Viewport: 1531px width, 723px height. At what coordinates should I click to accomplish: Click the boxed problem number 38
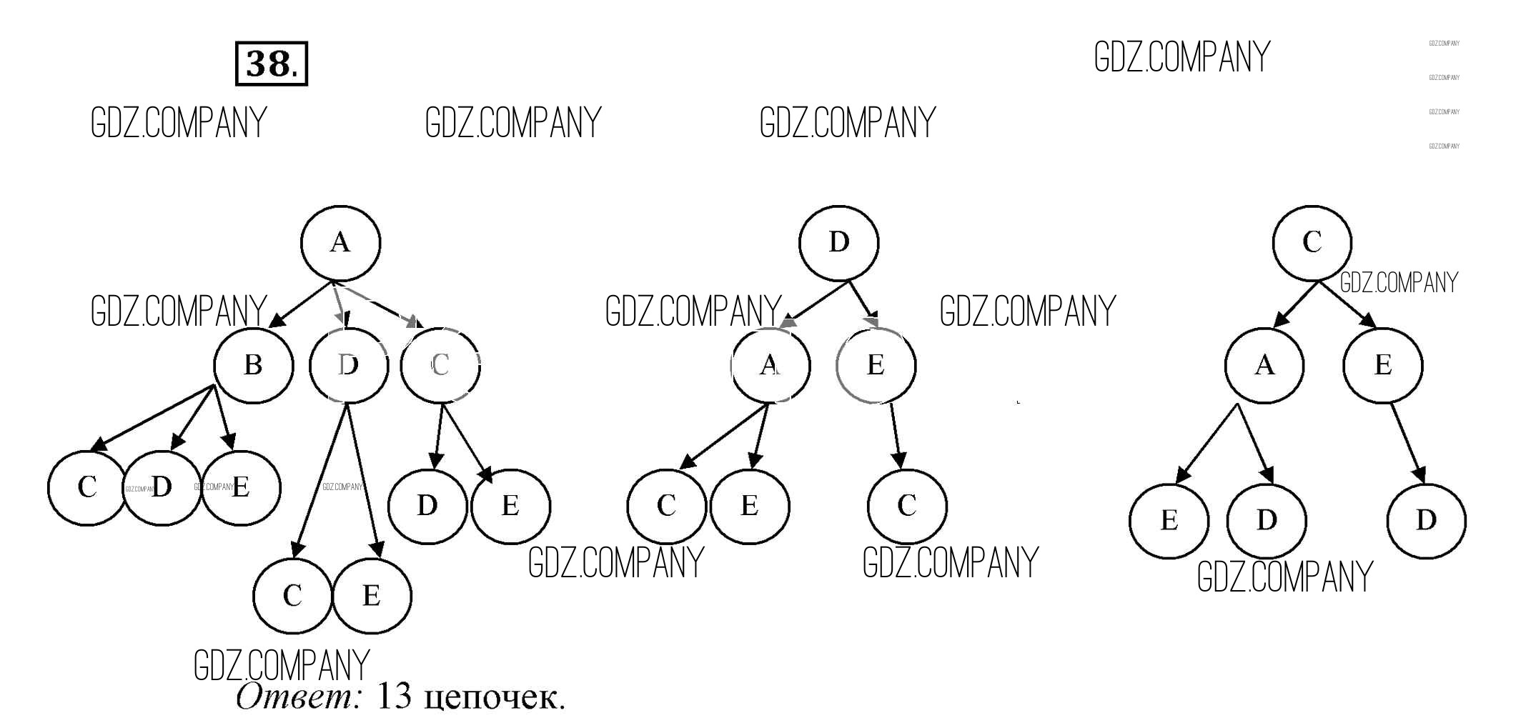271,64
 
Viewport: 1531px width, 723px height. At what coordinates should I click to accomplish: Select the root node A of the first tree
340,243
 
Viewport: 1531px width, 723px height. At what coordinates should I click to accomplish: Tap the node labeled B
253,365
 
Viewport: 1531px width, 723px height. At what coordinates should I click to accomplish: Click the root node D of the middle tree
838,243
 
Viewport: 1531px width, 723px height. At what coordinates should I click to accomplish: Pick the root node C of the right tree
1312,243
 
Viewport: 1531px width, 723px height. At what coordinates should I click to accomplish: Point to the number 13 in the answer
393,695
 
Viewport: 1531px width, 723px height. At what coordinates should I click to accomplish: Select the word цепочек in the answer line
494,698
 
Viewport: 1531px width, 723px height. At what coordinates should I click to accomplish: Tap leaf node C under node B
87,488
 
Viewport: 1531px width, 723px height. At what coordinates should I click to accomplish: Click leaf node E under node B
241,488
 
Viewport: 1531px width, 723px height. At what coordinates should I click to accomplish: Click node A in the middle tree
770,365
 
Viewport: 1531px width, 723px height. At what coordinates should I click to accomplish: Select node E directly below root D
876,365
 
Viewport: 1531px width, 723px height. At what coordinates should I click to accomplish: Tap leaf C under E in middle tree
906,506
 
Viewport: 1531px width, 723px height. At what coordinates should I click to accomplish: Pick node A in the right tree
1264,365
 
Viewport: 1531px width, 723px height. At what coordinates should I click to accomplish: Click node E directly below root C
1382,365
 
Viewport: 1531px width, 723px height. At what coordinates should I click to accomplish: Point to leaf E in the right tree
1169,520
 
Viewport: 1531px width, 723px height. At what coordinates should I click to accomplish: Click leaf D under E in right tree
1425,520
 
